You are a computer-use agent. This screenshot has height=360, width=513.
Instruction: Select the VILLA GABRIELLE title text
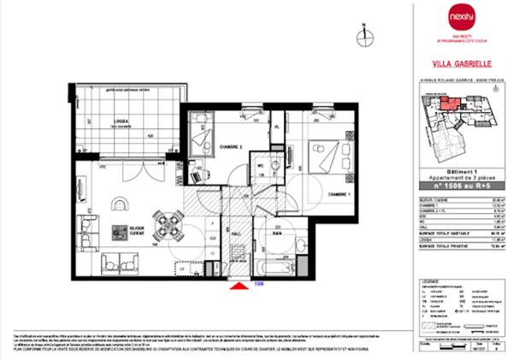tap(458, 62)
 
